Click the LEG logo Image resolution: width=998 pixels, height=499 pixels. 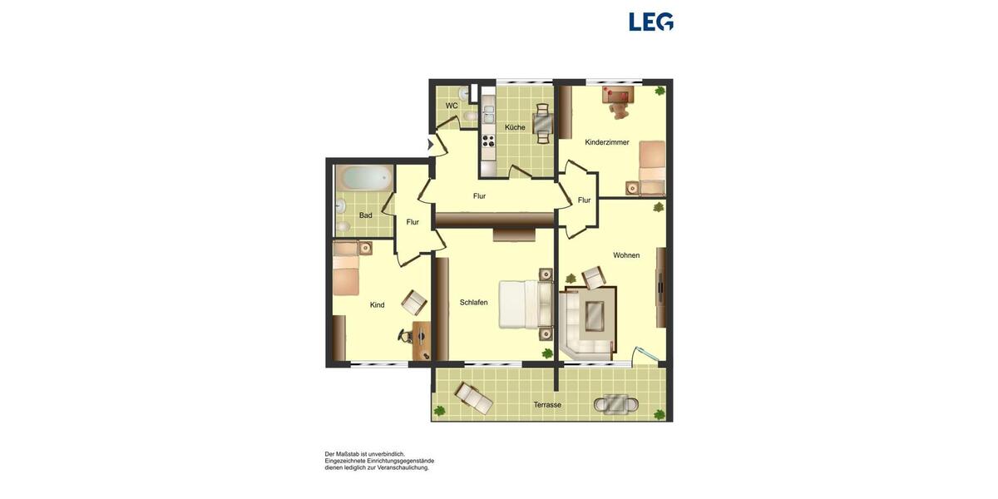pyautogui.click(x=651, y=22)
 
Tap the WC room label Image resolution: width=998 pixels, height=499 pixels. pyautogui.click(x=452, y=106)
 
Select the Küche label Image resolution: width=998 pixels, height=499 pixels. pyautogui.click(x=515, y=127)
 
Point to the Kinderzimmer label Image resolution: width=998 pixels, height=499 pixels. pyautogui.click(x=607, y=142)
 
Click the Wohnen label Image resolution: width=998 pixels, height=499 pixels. pyautogui.click(x=626, y=255)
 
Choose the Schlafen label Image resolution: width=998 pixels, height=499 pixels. pyautogui.click(x=474, y=302)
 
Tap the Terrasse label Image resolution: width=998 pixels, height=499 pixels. pyautogui.click(x=547, y=405)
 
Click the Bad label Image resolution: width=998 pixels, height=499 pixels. pyautogui.click(x=366, y=215)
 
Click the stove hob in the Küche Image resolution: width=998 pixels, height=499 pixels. pyautogui.click(x=488, y=139)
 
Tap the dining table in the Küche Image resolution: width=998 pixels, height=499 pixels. pyautogui.click(x=542, y=124)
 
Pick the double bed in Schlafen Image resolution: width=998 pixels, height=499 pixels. pyautogui.click(x=525, y=304)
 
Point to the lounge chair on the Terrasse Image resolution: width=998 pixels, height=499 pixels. pyautogui.click(x=472, y=398)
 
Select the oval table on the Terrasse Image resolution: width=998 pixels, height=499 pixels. pyautogui.click(x=616, y=404)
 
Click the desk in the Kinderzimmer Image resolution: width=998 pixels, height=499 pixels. pyautogui.click(x=619, y=92)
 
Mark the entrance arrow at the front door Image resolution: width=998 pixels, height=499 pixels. pyautogui.click(x=431, y=145)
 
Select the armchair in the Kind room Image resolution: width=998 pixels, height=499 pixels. pyautogui.click(x=413, y=302)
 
